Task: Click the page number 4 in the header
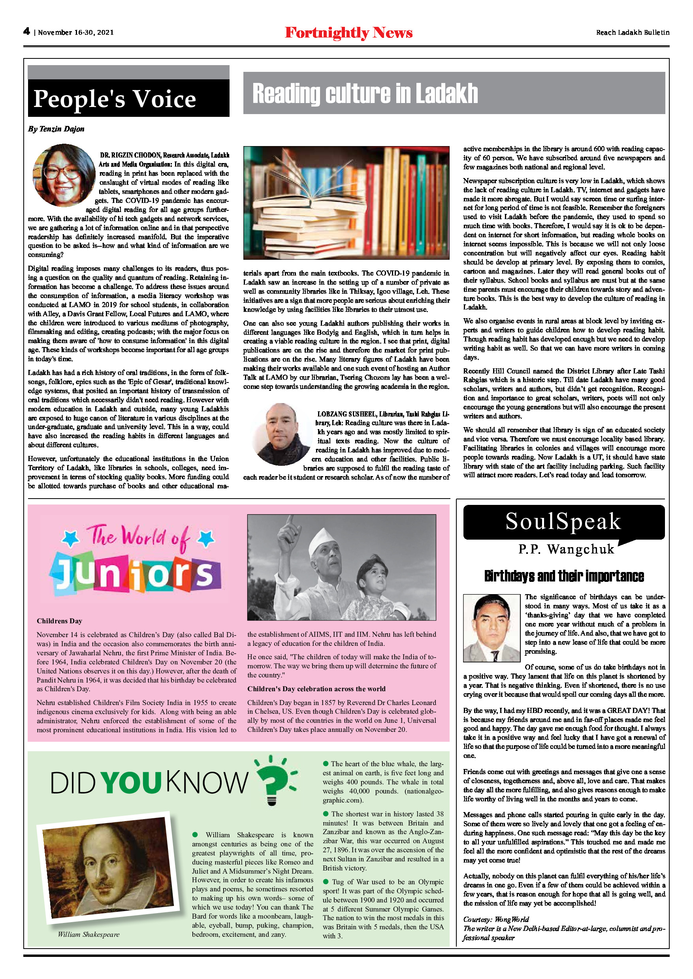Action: (x=26, y=31)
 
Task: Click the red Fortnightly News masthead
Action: (x=348, y=32)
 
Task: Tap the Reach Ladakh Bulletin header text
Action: (x=633, y=32)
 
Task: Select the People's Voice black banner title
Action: (x=115, y=99)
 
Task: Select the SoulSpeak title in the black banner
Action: (x=563, y=521)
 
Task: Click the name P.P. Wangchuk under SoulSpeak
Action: (x=566, y=549)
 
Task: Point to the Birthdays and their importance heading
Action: (x=564, y=576)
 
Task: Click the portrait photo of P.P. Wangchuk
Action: (x=491, y=628)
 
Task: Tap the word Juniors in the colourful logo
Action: (x=135, y=574)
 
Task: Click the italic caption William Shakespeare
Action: (x=89, y=935)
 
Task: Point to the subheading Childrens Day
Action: (x=59, y=621)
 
